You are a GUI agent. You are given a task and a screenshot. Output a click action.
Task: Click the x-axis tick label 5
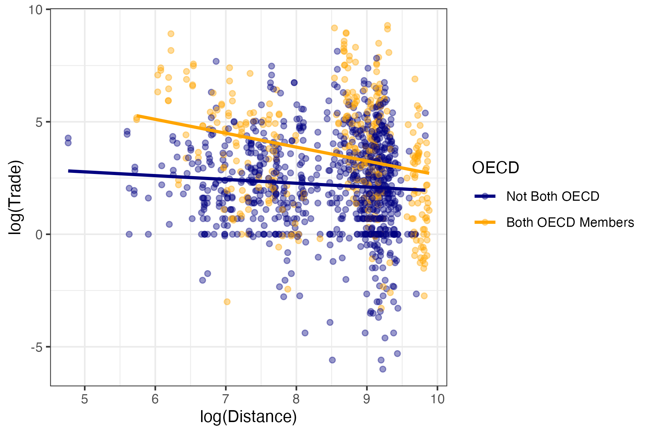point(85,399)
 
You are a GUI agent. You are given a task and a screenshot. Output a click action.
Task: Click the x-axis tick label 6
point(155,399)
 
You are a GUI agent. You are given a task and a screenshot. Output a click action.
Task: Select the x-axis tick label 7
point(226,399)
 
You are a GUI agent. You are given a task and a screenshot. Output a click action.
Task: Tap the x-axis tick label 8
point(296,399)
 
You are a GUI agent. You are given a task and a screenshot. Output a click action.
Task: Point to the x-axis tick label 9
point(367,399)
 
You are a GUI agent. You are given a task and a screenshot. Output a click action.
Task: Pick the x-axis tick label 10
point(437,399)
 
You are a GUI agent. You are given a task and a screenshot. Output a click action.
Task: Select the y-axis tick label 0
point(39,235)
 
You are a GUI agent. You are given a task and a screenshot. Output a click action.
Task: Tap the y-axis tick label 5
point(39,122)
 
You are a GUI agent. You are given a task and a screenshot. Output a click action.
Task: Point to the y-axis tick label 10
point(36,10)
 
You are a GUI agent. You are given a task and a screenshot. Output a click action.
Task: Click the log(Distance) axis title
point(248,417)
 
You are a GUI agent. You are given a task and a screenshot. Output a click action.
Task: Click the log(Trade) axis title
point(16,197)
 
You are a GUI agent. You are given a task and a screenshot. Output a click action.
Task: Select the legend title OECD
point(495,167)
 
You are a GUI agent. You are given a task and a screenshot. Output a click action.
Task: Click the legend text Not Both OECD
point(553,196)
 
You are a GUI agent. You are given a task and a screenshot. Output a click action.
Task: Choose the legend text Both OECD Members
point(570,222)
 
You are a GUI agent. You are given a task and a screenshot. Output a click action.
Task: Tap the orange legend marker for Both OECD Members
point(485,222)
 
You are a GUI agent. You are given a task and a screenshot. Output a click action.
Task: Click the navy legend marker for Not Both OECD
point(485,196)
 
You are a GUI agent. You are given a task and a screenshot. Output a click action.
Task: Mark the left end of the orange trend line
point(137,115)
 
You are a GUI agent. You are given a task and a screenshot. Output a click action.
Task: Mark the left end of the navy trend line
point(68,171)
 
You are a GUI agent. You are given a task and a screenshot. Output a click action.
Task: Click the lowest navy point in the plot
point(383,369)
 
